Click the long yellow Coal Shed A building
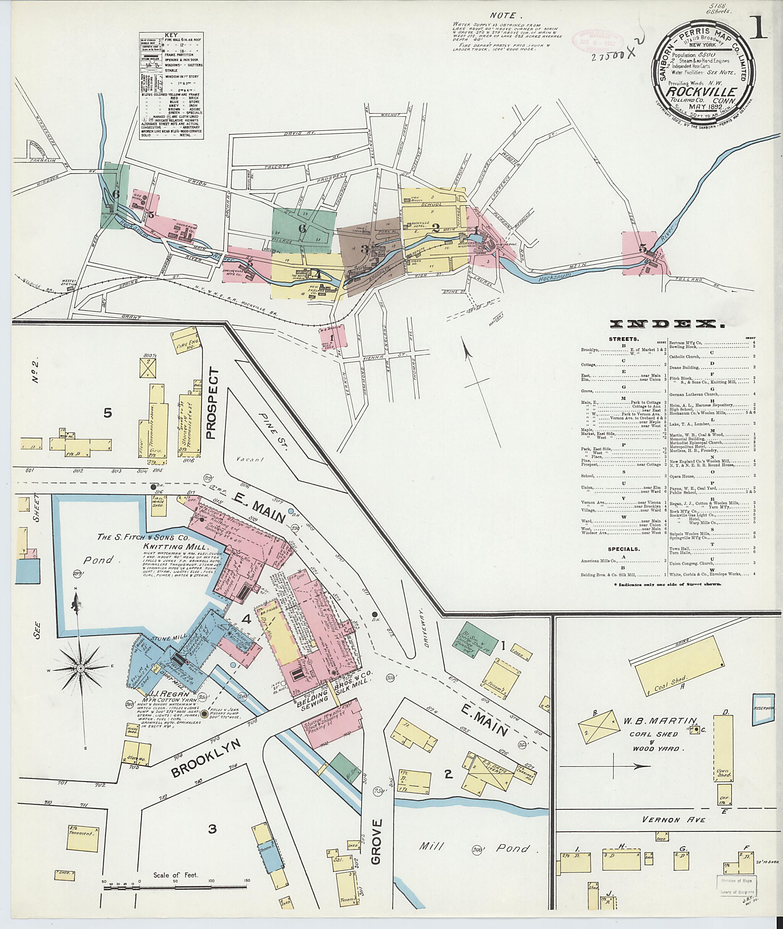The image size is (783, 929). click(x=674, y=672)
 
